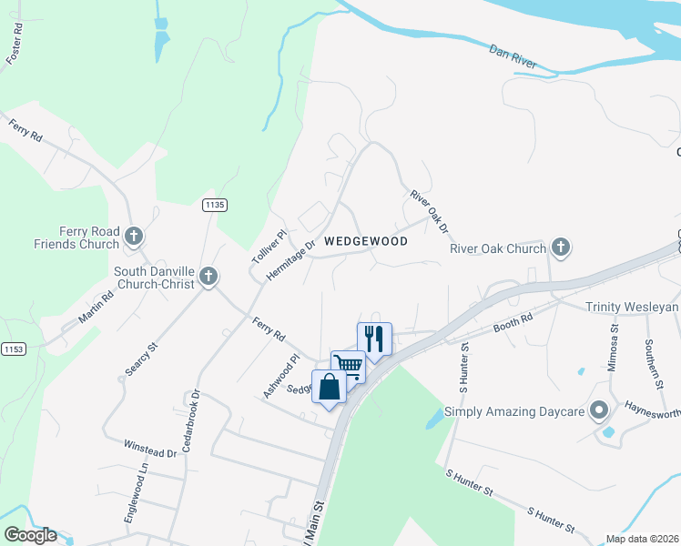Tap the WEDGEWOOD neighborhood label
365,241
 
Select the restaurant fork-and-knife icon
374,339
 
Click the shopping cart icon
348,366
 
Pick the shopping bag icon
330,387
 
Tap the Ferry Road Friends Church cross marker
134,238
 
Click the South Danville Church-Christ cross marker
208,278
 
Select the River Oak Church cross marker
561,248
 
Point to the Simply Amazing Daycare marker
599,412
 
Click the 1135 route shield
214,206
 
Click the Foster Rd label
14,45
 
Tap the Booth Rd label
513,323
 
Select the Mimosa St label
615,349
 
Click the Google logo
30,535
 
